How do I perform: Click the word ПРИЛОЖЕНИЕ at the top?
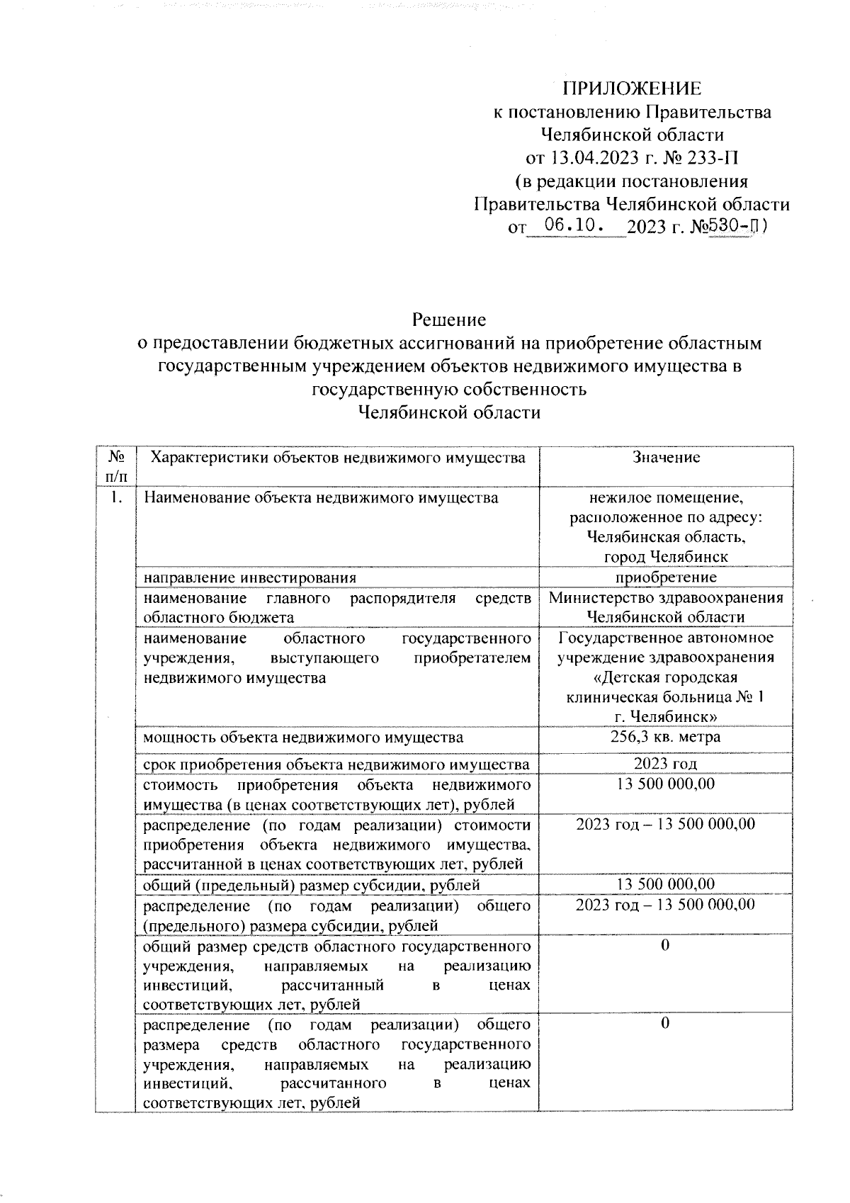click(632, 89)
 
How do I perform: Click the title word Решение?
click(450, 320)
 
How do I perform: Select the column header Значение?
click(666, 458)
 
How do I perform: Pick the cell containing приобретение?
click(665, 577)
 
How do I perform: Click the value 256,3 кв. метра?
click(665, 737)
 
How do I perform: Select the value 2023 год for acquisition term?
click(665, 764)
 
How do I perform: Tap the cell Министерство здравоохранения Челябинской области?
click(665, 607)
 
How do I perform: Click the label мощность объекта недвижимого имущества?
click(303, 738)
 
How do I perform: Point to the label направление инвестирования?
click(249, 577)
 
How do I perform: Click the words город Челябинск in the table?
click(665, 557)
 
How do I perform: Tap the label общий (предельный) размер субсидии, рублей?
click(312, 884)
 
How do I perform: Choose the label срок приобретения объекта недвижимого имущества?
click(336, 764)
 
